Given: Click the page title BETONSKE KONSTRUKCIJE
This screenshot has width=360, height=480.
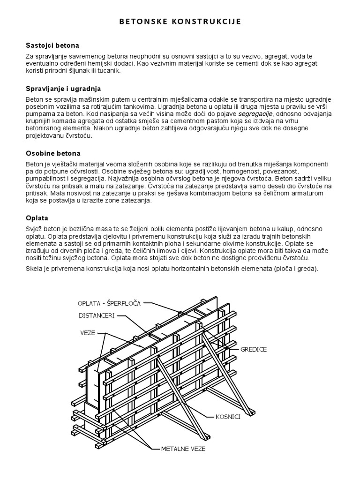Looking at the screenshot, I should tap(180, 22).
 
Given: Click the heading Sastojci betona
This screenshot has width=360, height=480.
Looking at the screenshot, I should tap(52, 45).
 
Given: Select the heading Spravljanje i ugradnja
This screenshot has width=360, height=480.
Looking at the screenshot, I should tap(63, 88).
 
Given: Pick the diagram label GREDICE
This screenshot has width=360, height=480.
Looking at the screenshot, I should tap(254, 349).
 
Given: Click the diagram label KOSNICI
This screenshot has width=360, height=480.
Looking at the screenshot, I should tap(228, 416).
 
